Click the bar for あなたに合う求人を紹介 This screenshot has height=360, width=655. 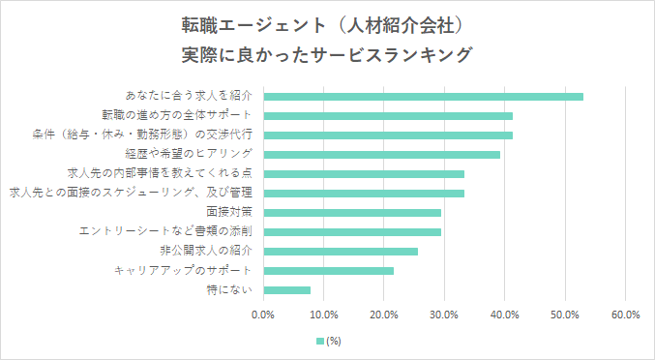[423, 96]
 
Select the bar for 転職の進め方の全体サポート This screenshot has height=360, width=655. [388, 115]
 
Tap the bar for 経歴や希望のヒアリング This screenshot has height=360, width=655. [381, 154]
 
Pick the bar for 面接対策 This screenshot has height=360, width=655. [352, 212]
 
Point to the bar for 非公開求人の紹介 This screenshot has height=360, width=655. [341, 251]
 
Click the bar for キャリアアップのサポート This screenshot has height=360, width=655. [328, 270]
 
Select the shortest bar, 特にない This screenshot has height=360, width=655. [286, 289]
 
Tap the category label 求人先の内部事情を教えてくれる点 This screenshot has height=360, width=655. [159, 173]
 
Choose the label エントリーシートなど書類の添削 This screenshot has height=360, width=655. [165, 231]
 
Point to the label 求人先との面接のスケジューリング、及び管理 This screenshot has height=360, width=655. [130, 193]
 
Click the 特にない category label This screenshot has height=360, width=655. [230, 289]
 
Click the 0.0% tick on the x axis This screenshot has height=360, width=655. [263, 315]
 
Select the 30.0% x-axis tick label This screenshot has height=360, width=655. [445, 315]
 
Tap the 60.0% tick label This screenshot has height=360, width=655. [626, 315]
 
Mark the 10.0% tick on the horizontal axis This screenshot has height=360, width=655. [324, 315]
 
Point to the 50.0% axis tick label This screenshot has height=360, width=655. [566, 315]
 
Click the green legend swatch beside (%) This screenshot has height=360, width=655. [320, 341]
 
